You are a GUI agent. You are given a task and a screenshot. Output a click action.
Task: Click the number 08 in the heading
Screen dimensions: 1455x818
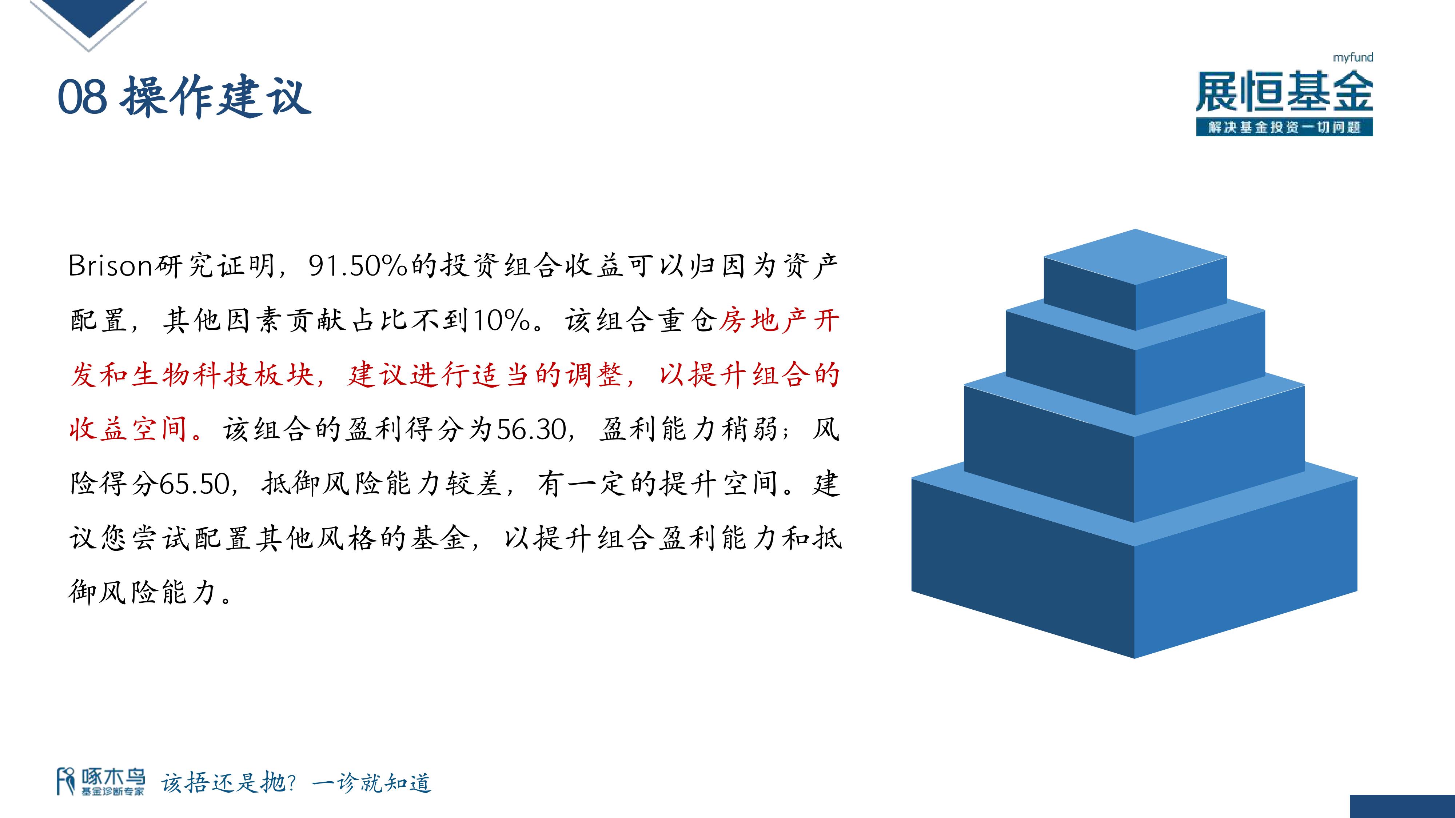[x=83, y=97]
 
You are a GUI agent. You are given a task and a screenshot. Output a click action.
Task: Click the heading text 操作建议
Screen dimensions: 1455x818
[x=215, y=97]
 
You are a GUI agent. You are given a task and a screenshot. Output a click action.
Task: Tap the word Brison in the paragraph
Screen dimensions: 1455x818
[x=111, y=266]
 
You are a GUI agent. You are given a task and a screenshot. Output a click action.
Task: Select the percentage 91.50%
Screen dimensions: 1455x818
[x=358, y=266]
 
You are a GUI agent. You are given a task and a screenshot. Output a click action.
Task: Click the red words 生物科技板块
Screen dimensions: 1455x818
[x=223, y=375]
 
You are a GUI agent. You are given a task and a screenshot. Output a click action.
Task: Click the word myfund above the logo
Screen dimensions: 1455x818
[x=1353, y=57]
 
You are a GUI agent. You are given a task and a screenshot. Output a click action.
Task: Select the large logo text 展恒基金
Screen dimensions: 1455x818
[x=1284, y=92]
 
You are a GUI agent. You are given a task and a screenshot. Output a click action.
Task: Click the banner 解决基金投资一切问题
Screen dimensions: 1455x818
[x=1284, y=127]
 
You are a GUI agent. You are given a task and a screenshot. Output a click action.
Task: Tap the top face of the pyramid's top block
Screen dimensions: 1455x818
[x=1135, y=257]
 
